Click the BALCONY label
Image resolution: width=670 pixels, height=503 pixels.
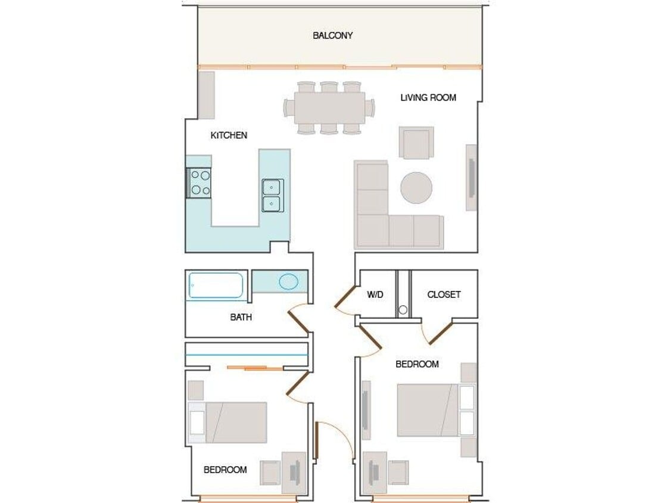pos(332,36)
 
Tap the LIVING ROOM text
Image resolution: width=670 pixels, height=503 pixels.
pos(428,97)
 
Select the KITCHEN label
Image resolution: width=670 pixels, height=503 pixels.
pos(229,135)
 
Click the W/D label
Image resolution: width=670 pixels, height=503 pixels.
pos(375,294)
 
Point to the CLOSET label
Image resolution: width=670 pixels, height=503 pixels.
pos(444,294)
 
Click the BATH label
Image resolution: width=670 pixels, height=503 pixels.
pos(241,317)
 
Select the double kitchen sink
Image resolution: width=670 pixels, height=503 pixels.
pos(273,195)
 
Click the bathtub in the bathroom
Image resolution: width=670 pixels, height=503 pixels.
pos(216,285)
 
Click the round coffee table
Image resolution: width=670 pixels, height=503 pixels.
pos(416,188)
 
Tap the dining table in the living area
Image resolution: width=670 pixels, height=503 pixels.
pos(329,107)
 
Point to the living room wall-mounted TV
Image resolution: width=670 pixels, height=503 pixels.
pos(471,177)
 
